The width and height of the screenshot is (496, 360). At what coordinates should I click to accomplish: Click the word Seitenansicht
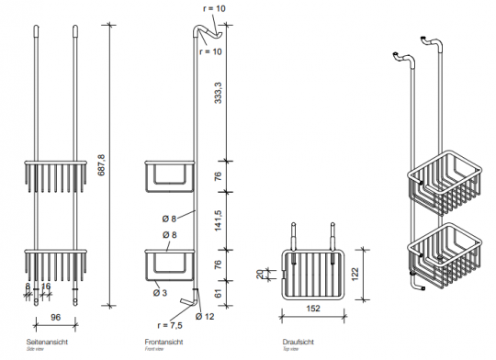pyautogui.click(x=46, y=343)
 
